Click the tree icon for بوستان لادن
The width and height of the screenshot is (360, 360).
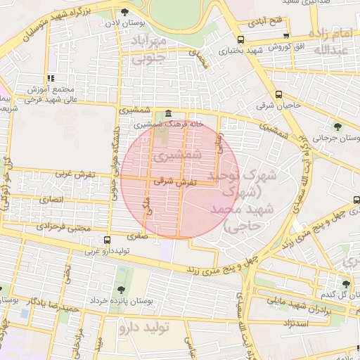pyautogui.click(x=124, y=12)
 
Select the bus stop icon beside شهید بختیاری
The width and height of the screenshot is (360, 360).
pyautogui.click(x=241, y=39)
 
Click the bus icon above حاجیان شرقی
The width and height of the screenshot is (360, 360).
pyautogui.click(x=279, y=94)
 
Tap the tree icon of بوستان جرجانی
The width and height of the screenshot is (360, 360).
pyautogui.click(x=338, y=127)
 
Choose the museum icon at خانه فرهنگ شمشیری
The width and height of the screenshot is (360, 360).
pyautogui.click(x=167, y=114)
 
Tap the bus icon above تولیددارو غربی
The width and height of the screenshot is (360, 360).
pyautogui.click(x=107, y=240)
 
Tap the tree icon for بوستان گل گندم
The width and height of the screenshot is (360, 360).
pyautogui.click(x=345, y=284)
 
